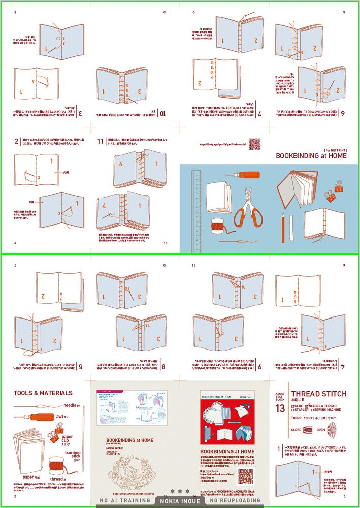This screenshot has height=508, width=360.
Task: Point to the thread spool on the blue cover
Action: (217, 225)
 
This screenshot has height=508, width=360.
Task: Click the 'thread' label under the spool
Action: (57, 479)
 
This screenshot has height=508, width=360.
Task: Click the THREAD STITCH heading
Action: (319, 394)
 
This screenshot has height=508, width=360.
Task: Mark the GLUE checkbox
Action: (293, 406)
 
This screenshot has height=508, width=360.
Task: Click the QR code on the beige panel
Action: (245, 477)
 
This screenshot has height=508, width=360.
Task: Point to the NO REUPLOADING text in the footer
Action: (235, 500)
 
